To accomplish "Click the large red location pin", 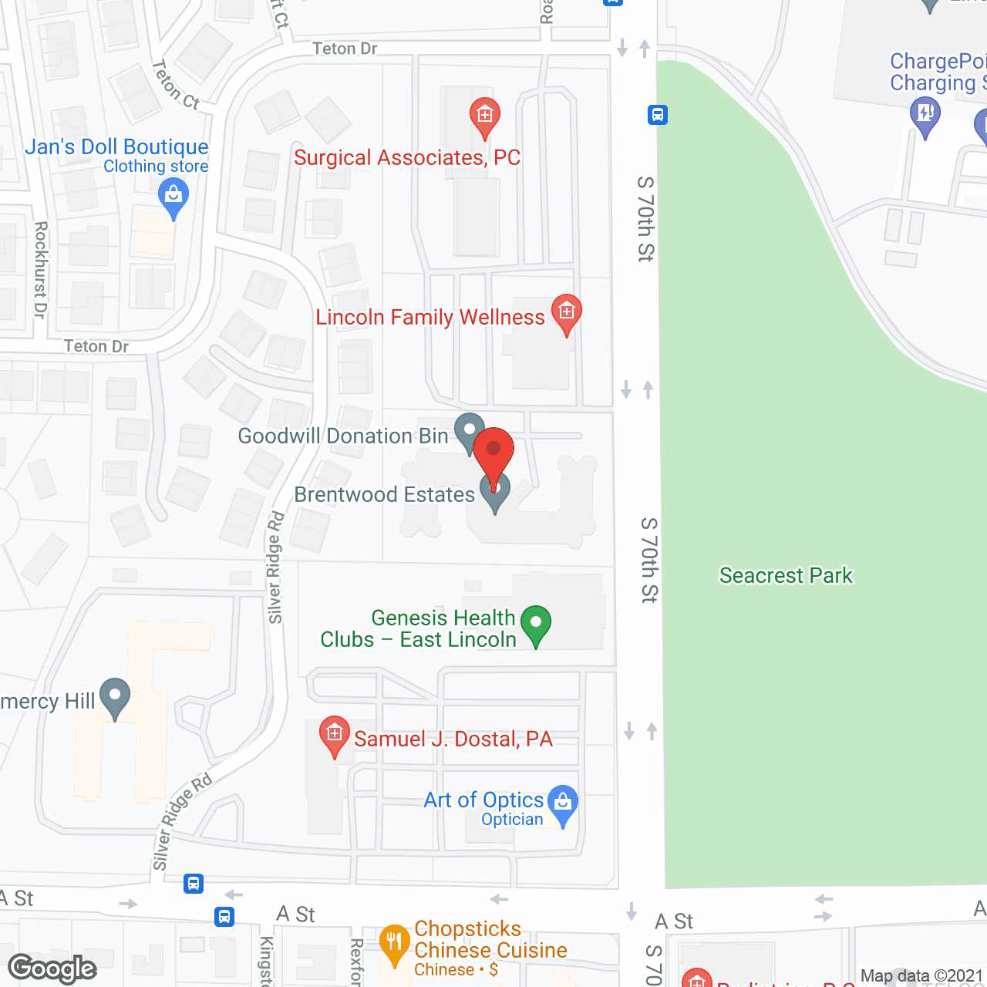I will coord(493,451).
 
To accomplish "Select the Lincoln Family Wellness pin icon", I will coord(567,313).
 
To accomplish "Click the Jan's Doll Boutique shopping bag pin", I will coord(173,197).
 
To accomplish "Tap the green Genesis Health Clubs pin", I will coord(536,624).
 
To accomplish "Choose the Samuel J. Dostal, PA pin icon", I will coord(335,734).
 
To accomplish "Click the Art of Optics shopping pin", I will coord(563,803).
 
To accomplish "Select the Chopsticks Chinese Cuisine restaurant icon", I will coord(394,943).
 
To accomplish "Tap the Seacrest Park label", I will coord(786,575).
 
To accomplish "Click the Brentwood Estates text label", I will coord(384,494).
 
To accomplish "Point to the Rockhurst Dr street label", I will coord(40,269).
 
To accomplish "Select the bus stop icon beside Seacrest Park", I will coord(658,115).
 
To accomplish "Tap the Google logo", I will coord(52,968).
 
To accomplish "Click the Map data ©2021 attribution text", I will coord(921,975).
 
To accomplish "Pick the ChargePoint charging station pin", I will coord(925,116).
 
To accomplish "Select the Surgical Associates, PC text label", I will coord(407,157).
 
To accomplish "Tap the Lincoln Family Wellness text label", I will coord(430,317).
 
